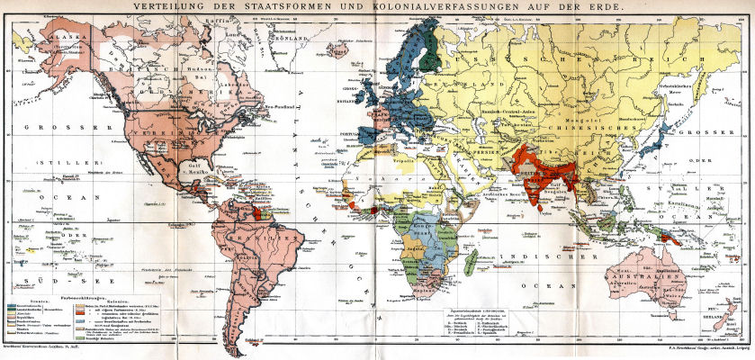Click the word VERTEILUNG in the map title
168,7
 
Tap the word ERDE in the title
598,7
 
